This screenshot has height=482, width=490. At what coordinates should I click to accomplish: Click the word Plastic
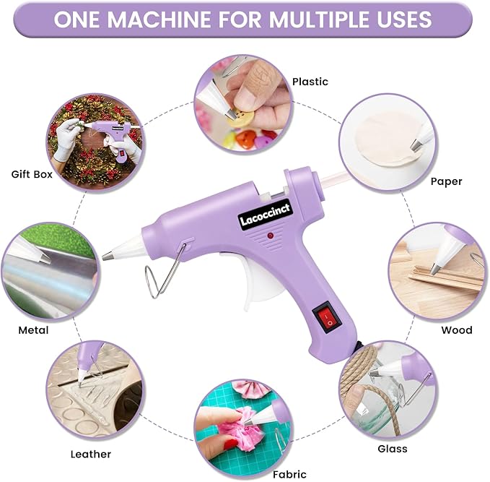(310, 82)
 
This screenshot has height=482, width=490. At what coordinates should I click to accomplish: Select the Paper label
(446, 181)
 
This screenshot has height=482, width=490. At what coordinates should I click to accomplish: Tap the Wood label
(457, 330)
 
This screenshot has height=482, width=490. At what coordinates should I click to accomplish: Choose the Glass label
(392, 449)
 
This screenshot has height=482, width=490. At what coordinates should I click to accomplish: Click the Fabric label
(289, 474)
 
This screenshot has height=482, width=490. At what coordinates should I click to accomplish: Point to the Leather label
(91, 455)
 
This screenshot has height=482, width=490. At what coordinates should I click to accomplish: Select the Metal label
(33, 330)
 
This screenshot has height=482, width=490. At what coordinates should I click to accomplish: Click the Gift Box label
(32, 174)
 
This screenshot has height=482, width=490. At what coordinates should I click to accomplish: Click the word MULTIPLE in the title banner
(317, 19)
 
